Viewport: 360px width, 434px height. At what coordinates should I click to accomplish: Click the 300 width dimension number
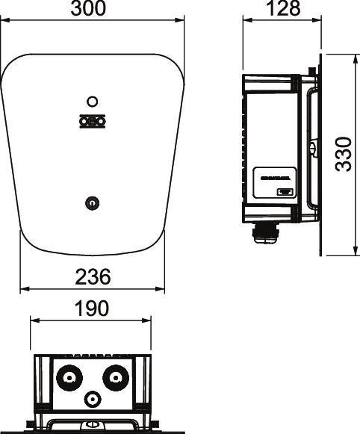93,9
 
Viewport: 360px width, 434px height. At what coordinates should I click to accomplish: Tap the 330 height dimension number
344,154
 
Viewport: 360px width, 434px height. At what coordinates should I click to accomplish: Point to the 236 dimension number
93,277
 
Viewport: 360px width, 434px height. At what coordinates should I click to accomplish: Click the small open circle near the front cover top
92,101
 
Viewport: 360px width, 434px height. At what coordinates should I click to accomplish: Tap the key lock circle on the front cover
92,201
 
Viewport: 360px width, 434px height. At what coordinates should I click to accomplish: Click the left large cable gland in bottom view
71,376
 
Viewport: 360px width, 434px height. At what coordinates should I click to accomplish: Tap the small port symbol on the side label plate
285,193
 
